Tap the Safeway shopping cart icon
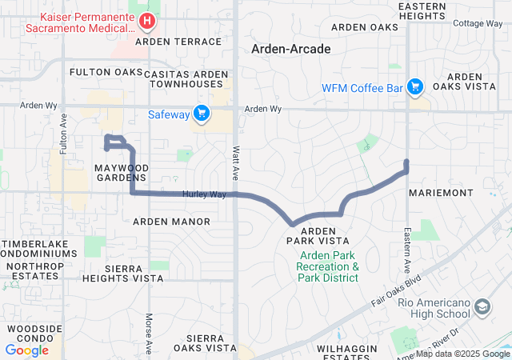202,114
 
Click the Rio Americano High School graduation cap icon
482,306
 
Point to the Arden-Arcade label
291,49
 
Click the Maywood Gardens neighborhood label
122,172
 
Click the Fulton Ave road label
62,130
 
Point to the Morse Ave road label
149,334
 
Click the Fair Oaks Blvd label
396,293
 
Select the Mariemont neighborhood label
435,194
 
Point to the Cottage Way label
478,23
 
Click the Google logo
27,350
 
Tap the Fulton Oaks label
106,72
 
